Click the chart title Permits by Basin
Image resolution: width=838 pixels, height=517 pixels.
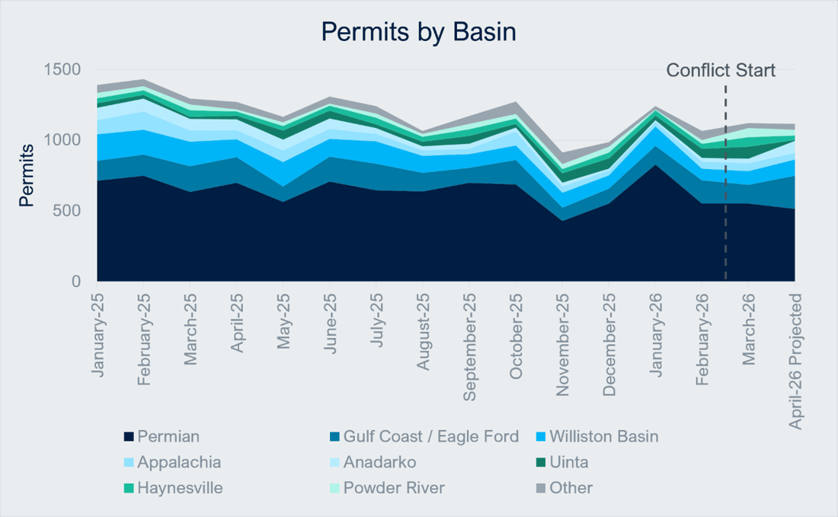click(418, 32)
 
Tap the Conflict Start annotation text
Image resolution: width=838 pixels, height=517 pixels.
click(721, 71)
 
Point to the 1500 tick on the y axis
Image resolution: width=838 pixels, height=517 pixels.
click(61, 70)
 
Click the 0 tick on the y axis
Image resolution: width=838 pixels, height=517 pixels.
click(75, 282)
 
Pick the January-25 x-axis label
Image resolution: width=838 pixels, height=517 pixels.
click(98, 334)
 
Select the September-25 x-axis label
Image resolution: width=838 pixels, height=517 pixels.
click(469, 348)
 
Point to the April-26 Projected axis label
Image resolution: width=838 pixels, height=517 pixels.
click(796, 361)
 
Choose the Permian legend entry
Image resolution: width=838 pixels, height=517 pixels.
click(168, 437)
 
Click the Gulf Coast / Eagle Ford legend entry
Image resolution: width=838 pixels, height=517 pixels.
click(430, 437)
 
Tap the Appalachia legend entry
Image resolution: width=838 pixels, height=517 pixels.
click(179, 463)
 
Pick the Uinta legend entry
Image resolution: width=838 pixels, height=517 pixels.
click(568, 463)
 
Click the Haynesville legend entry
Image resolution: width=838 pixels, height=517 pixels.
click(180, 488)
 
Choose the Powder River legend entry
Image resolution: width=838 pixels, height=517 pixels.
click(394, 488)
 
